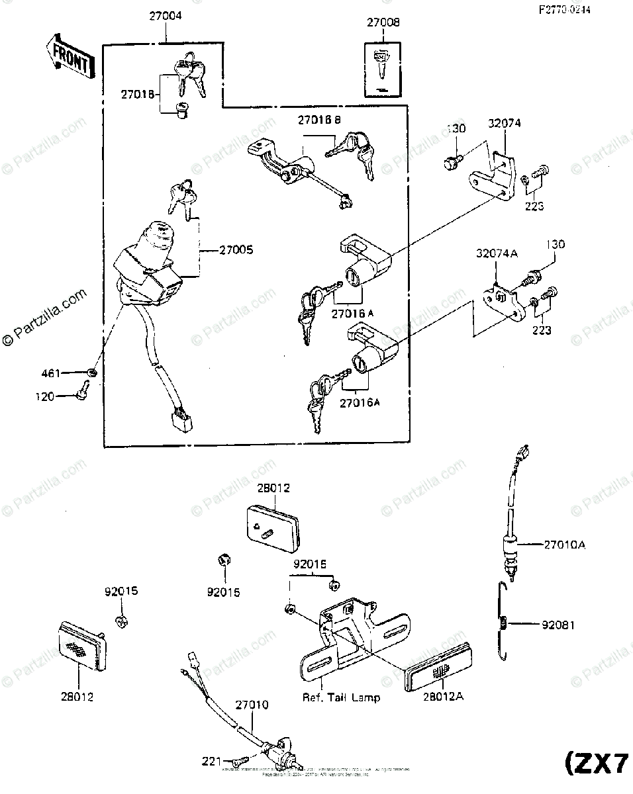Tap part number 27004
pos(165,15)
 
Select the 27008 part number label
pos(383,22)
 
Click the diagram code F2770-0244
pos(566,10)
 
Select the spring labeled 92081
pos(505,623)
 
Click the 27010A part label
pos(565,545)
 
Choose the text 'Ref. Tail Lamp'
pos(341,697)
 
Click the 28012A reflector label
pos(433,697)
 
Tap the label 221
pos(212,762)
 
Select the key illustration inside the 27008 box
pos(382,62)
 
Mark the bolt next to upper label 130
pos(452,161)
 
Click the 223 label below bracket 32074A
pos(541,330)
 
